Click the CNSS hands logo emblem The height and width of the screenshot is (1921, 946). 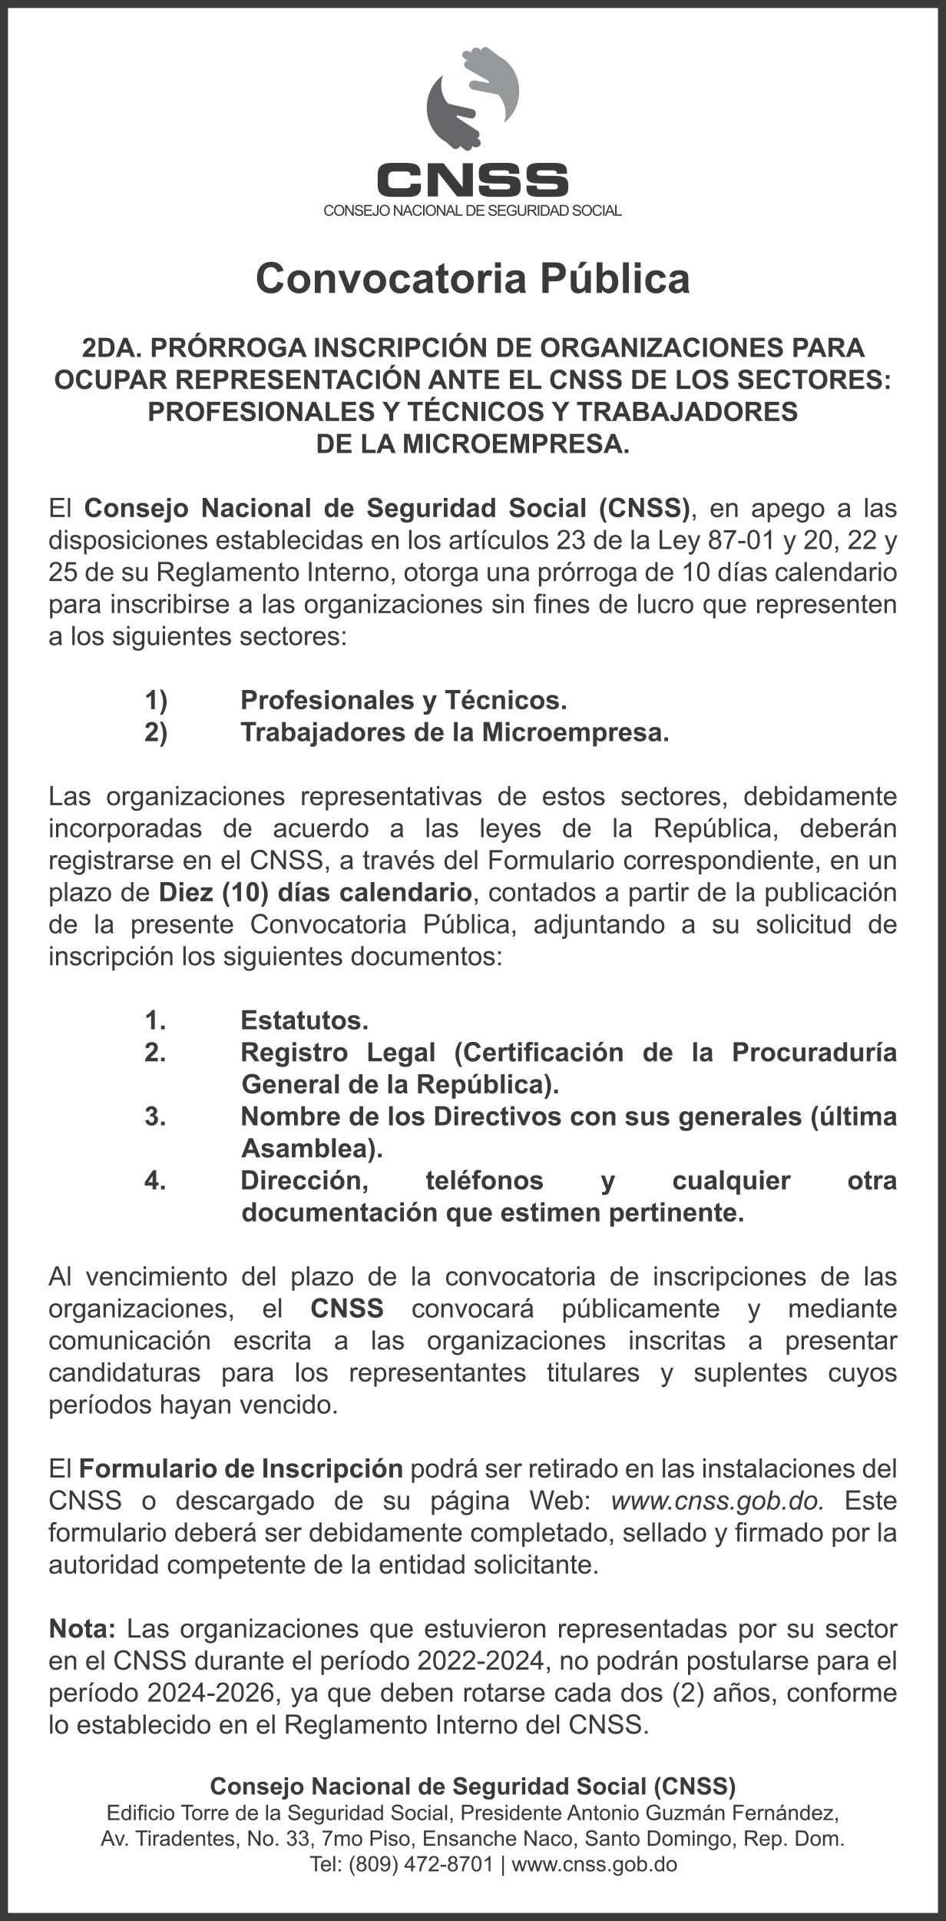(472, 98)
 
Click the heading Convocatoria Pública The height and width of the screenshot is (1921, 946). (472, 278)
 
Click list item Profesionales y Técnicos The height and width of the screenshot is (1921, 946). (403, 700)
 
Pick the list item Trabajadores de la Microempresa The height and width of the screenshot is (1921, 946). (455, 732)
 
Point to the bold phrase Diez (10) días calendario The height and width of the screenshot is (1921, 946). (315, 893)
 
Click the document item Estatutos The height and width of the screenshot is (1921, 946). (304, 1020)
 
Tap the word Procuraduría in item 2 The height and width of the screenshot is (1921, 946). (813, 1052)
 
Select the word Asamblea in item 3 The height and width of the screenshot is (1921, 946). (311, 1149)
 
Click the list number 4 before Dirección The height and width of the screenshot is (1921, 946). (154, 1180)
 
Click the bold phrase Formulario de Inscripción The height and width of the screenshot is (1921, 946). (241, 1468)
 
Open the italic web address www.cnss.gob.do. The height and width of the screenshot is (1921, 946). (717, 1501)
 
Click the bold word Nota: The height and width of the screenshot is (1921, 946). (82, 1628)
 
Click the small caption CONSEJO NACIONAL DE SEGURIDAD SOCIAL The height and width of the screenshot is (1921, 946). (472, 211)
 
